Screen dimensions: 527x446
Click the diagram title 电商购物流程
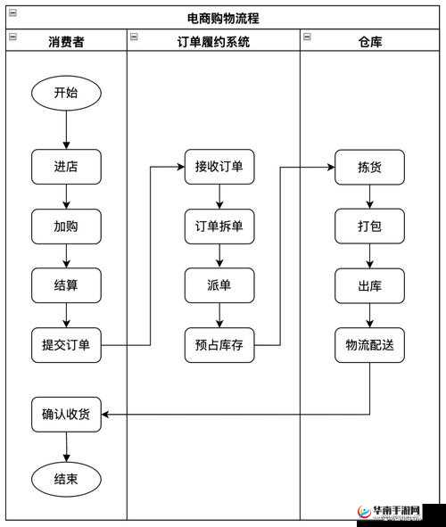click(x=223, y=17)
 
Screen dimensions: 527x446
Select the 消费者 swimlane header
click(x=66, y=41)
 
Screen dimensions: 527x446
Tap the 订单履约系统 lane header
click(x=213, y=41)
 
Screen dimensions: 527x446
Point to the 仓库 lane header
click(x=369, y=41)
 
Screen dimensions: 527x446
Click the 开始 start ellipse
click(x=66, y=92)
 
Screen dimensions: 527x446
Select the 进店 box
click(x=66, y=167)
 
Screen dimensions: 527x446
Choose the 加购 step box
click(x=66, y=226)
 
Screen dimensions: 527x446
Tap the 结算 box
click(x=66, y=285)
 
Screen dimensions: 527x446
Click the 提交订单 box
click(x=66, y=345)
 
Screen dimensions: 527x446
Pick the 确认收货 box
click(x=66, y=414)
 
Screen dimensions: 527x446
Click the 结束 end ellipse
click(x=66, y=479)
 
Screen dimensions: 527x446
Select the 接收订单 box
click(x=219, y=167)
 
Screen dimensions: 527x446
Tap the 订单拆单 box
click(x=219, y=226)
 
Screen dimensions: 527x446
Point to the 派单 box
click(x=219, y=285)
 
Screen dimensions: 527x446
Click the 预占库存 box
click(x=219, y=345)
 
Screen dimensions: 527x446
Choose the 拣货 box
click(x=369, y=167)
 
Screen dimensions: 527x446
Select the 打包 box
click(x=369, y=226)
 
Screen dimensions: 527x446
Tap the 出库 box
click(x=369, y=285)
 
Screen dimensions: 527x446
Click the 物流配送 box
click(x=369, y=345)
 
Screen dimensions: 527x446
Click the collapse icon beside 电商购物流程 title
click(x=12, y=12)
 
